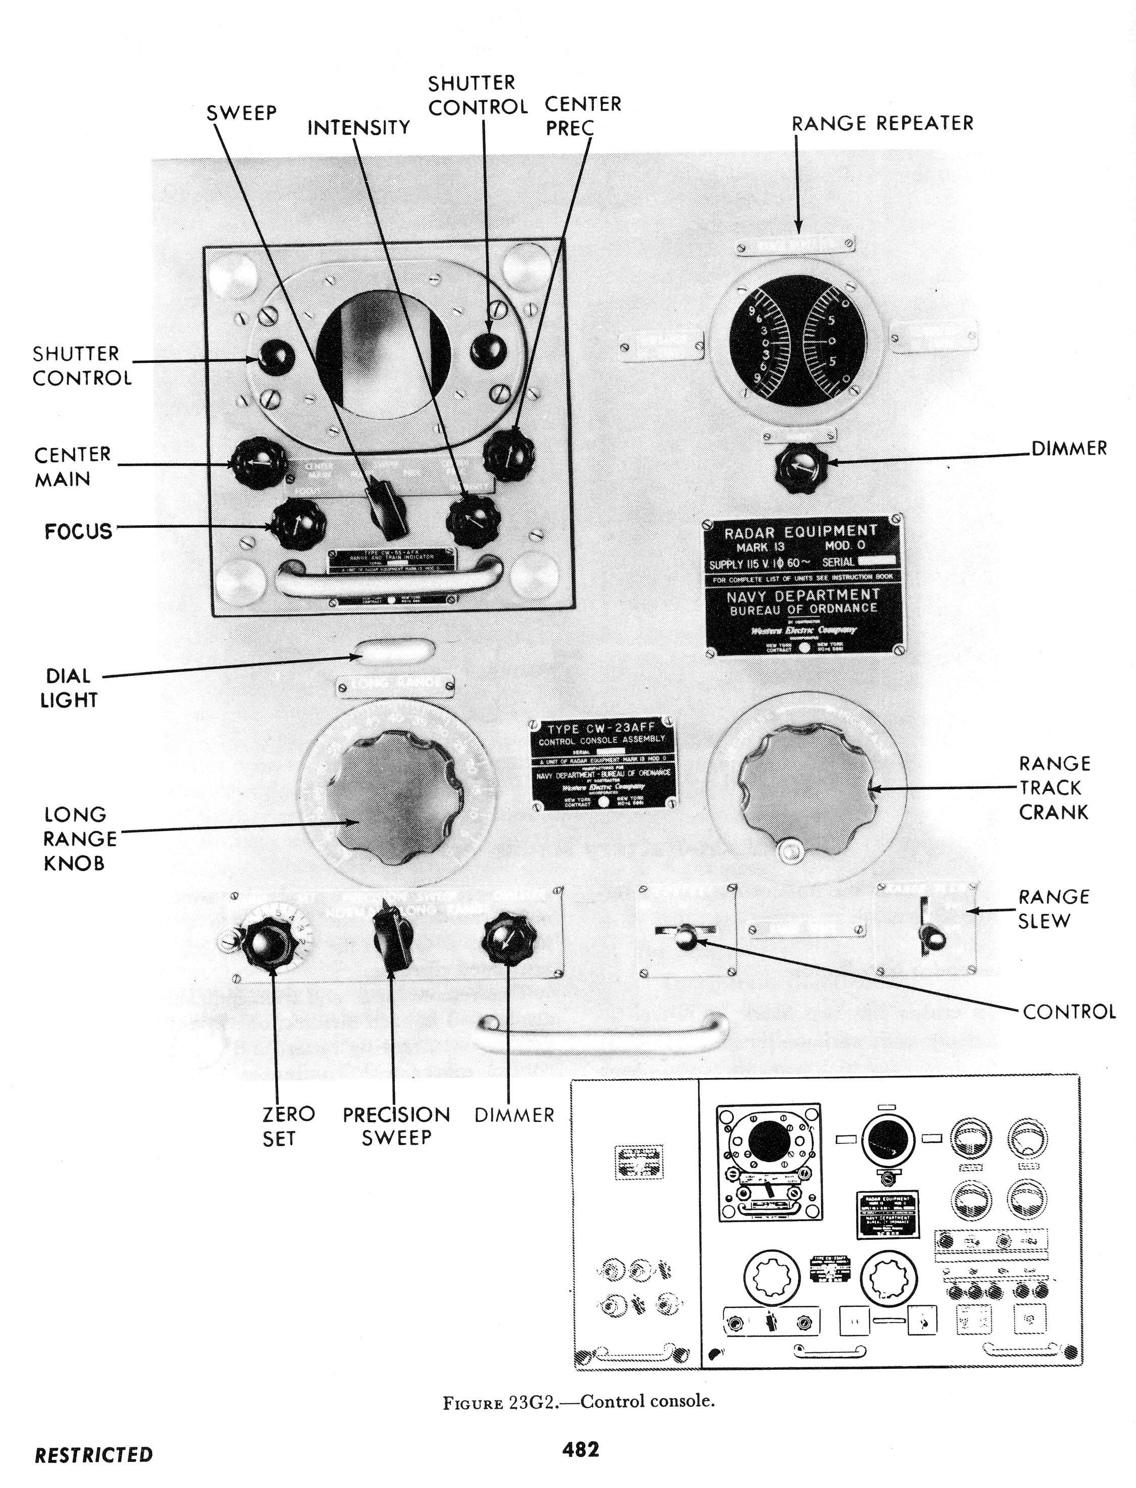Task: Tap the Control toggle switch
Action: [x=686, y=936]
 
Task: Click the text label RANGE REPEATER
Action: [x=883, y=124]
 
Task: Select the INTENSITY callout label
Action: [x=358, y=128]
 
